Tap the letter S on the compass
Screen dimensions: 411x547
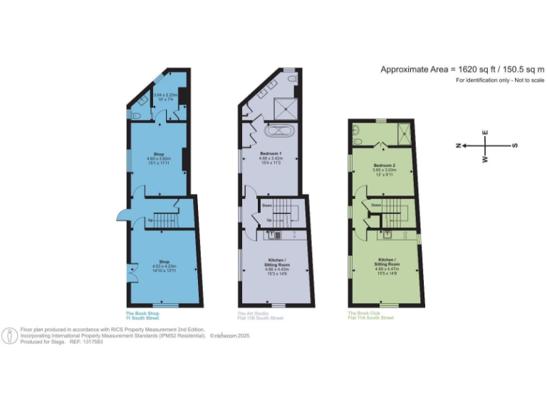tap(515, 146)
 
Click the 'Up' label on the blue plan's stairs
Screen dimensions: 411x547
tap(150, 220)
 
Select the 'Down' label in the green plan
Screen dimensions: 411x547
tap(375, 205)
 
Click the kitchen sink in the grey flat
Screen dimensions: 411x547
tap(278, 234)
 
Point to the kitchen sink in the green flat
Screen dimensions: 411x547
tap(389, 233)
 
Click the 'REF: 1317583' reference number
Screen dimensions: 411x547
tap(86, 342)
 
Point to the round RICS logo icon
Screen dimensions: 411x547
tap(10, 336)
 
